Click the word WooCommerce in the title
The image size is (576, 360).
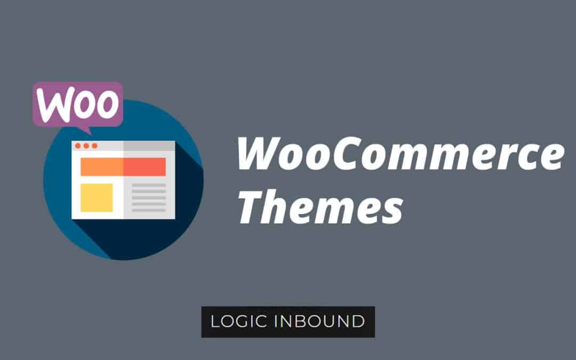[399, 153]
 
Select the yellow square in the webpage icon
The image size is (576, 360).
[97, 197]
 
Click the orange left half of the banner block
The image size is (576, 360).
[102, 166]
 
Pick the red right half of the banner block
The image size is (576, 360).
[145, 166]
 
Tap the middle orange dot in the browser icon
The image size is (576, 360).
[86, 146]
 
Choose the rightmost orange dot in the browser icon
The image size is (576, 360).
[94, 146]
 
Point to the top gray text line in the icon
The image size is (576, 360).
[149, 186]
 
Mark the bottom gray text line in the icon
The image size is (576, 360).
[149, 210]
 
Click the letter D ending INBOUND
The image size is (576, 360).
[358, 322]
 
